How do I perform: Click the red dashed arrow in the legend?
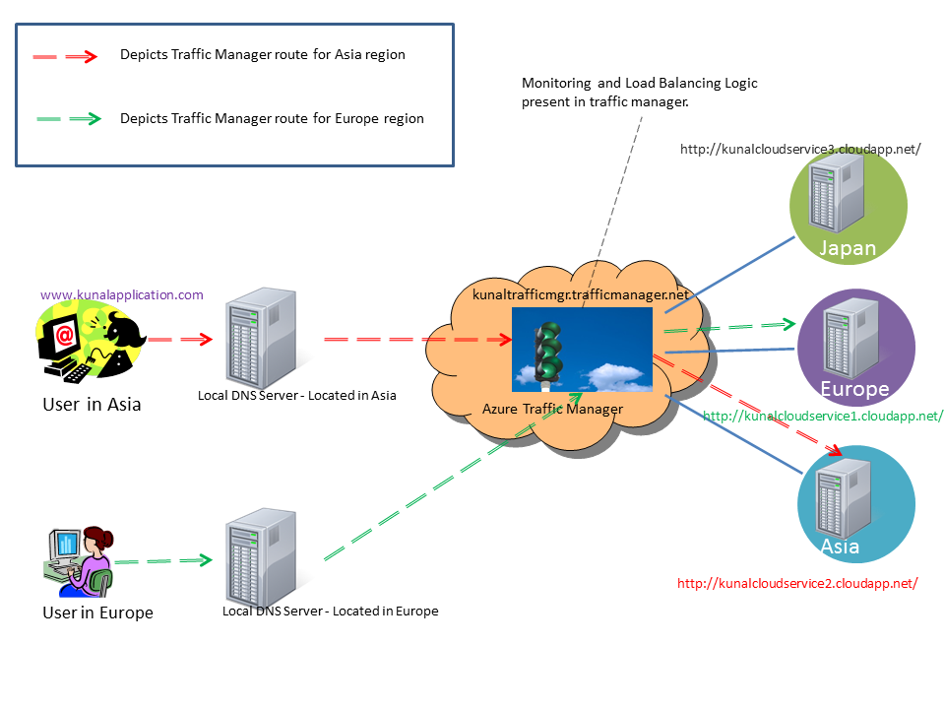coord(65,56)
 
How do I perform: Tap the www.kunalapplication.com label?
coord(122,294)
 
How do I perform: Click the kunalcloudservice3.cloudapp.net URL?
coord(800,149)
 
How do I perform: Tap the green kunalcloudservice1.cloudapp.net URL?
coord(823,416)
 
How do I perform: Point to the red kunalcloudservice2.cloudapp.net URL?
coord(797,583)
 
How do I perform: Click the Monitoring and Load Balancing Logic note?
coord(639,93)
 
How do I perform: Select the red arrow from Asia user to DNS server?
coord(180,340)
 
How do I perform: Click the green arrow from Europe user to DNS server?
coord(163,561)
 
